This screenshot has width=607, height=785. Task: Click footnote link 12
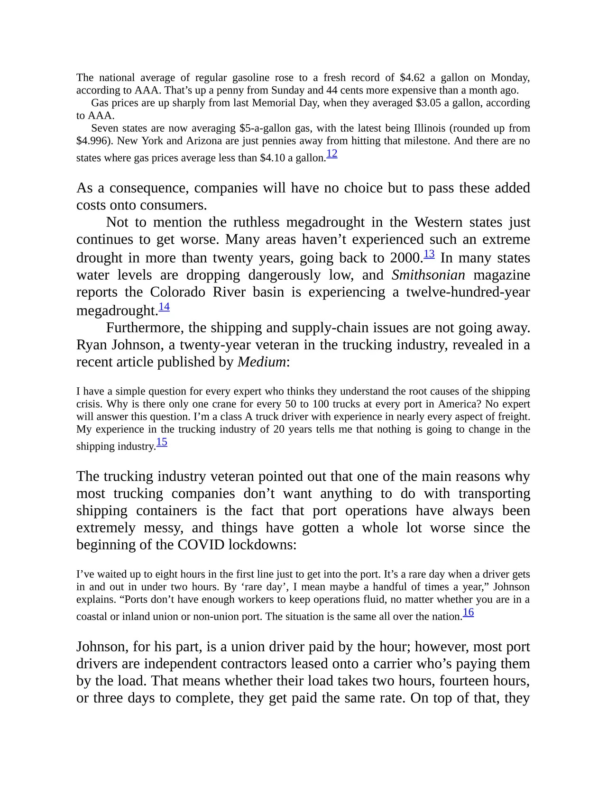(332, 154)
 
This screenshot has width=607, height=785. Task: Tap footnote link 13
(429, 254)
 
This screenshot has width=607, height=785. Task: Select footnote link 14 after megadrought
(164, 307)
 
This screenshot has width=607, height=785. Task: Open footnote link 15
(162, 442)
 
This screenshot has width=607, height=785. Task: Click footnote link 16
(468, 612)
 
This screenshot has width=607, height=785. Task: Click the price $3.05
(428, 103)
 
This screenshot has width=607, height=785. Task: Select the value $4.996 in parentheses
(93, 141)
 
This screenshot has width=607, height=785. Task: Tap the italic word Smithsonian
(428, 275)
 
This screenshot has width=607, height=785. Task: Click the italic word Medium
(262, 362)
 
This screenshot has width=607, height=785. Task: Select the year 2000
(405, 258)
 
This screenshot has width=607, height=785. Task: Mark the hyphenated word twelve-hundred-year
(468, 292)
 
